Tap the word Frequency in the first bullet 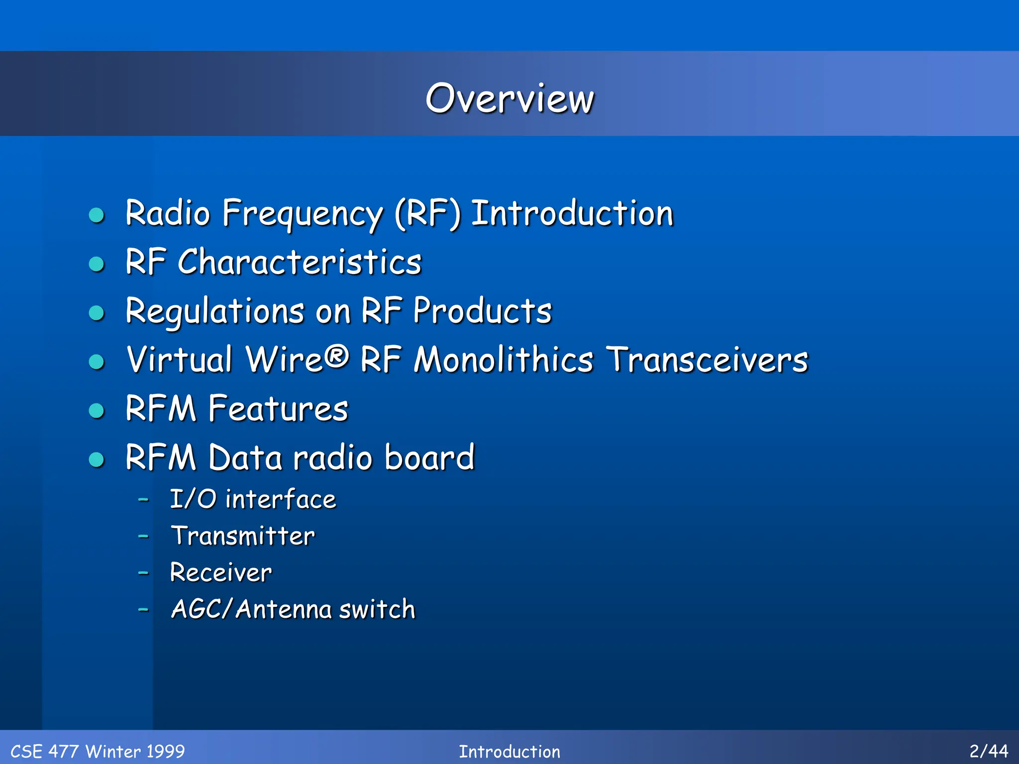[x=303, y=214]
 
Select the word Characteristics [x=300, y=262]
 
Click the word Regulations [x=214, y=312]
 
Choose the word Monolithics [x=504, y=360]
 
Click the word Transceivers [x=708, y=360]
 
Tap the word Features [x=278, y=409]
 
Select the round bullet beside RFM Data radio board [x=97, y=459]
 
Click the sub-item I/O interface [x=253, y=499]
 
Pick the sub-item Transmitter [x=243, y=536]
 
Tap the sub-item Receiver [x=221, y=572]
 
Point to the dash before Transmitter [x=143, y=536]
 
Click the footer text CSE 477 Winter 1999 [x=98, y=751]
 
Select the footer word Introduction [x=509, y=751]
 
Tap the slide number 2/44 [x=988, y=751]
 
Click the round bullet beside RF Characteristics [x=97, y=264]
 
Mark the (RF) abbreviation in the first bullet [x=428, y=214]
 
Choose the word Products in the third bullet [x=482, y=311]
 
